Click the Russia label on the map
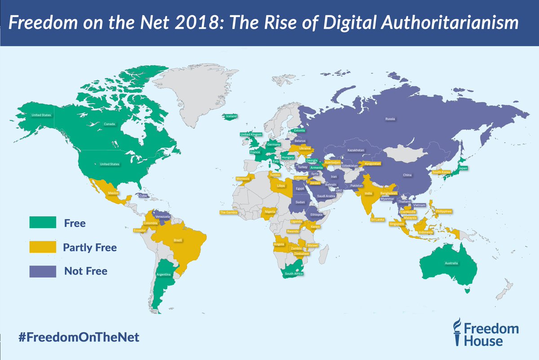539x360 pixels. coord(390,120)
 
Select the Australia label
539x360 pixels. coord(451,262)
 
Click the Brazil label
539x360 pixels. coord(178,240)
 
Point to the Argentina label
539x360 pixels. coord(163,274)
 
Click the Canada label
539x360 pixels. coord(110,124)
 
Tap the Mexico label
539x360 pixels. coord(113,192)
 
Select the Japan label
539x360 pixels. coord(464,168)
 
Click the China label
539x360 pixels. coord(407,175)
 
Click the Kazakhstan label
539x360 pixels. coord(355,150)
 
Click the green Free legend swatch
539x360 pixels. coord(42,222)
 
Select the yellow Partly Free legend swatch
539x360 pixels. coord(42,247)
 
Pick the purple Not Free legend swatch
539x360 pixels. coord(42,271)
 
